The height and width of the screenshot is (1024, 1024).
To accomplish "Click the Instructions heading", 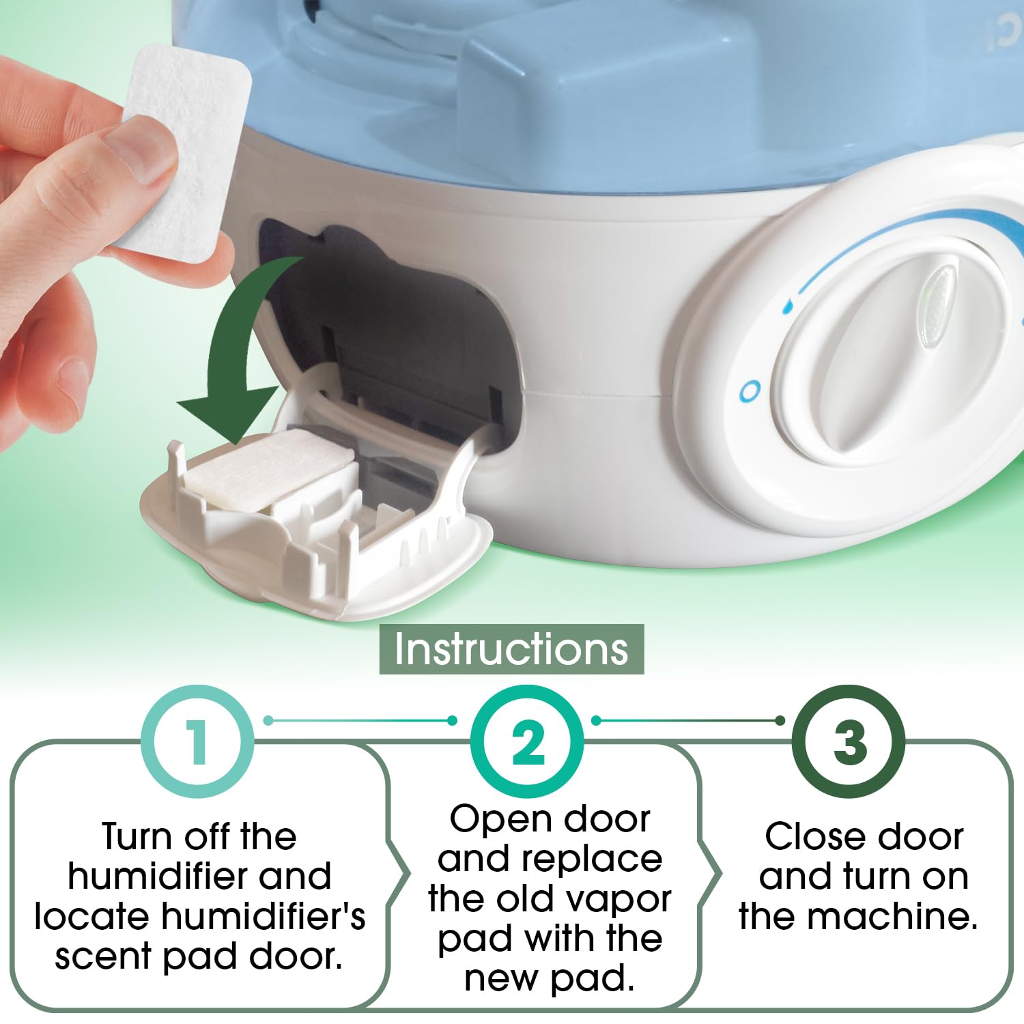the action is (x=511, y=649).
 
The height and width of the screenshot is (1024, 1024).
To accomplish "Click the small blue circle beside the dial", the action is (x=750, y=391).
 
